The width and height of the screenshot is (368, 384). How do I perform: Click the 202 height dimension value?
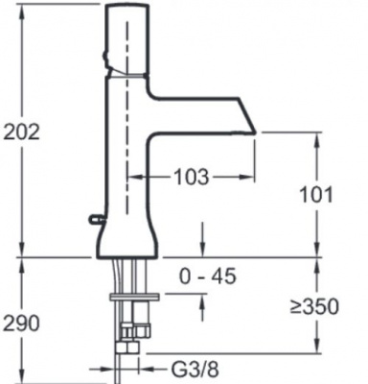(x=21, y=132)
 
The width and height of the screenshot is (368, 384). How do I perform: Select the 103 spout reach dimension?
(x=191, y=177)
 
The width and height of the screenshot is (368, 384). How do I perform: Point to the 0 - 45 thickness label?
(x=208, y=276)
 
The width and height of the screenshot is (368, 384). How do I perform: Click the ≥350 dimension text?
(x=314, y=306)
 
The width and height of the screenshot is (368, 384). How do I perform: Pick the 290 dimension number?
(x=21, y=324)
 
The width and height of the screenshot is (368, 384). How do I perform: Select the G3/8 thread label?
(x=195, y=370)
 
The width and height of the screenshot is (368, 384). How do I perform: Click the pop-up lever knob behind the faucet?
(x=95, y=219)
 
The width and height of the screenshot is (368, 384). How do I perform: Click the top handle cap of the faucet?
(x=127, y=40)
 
